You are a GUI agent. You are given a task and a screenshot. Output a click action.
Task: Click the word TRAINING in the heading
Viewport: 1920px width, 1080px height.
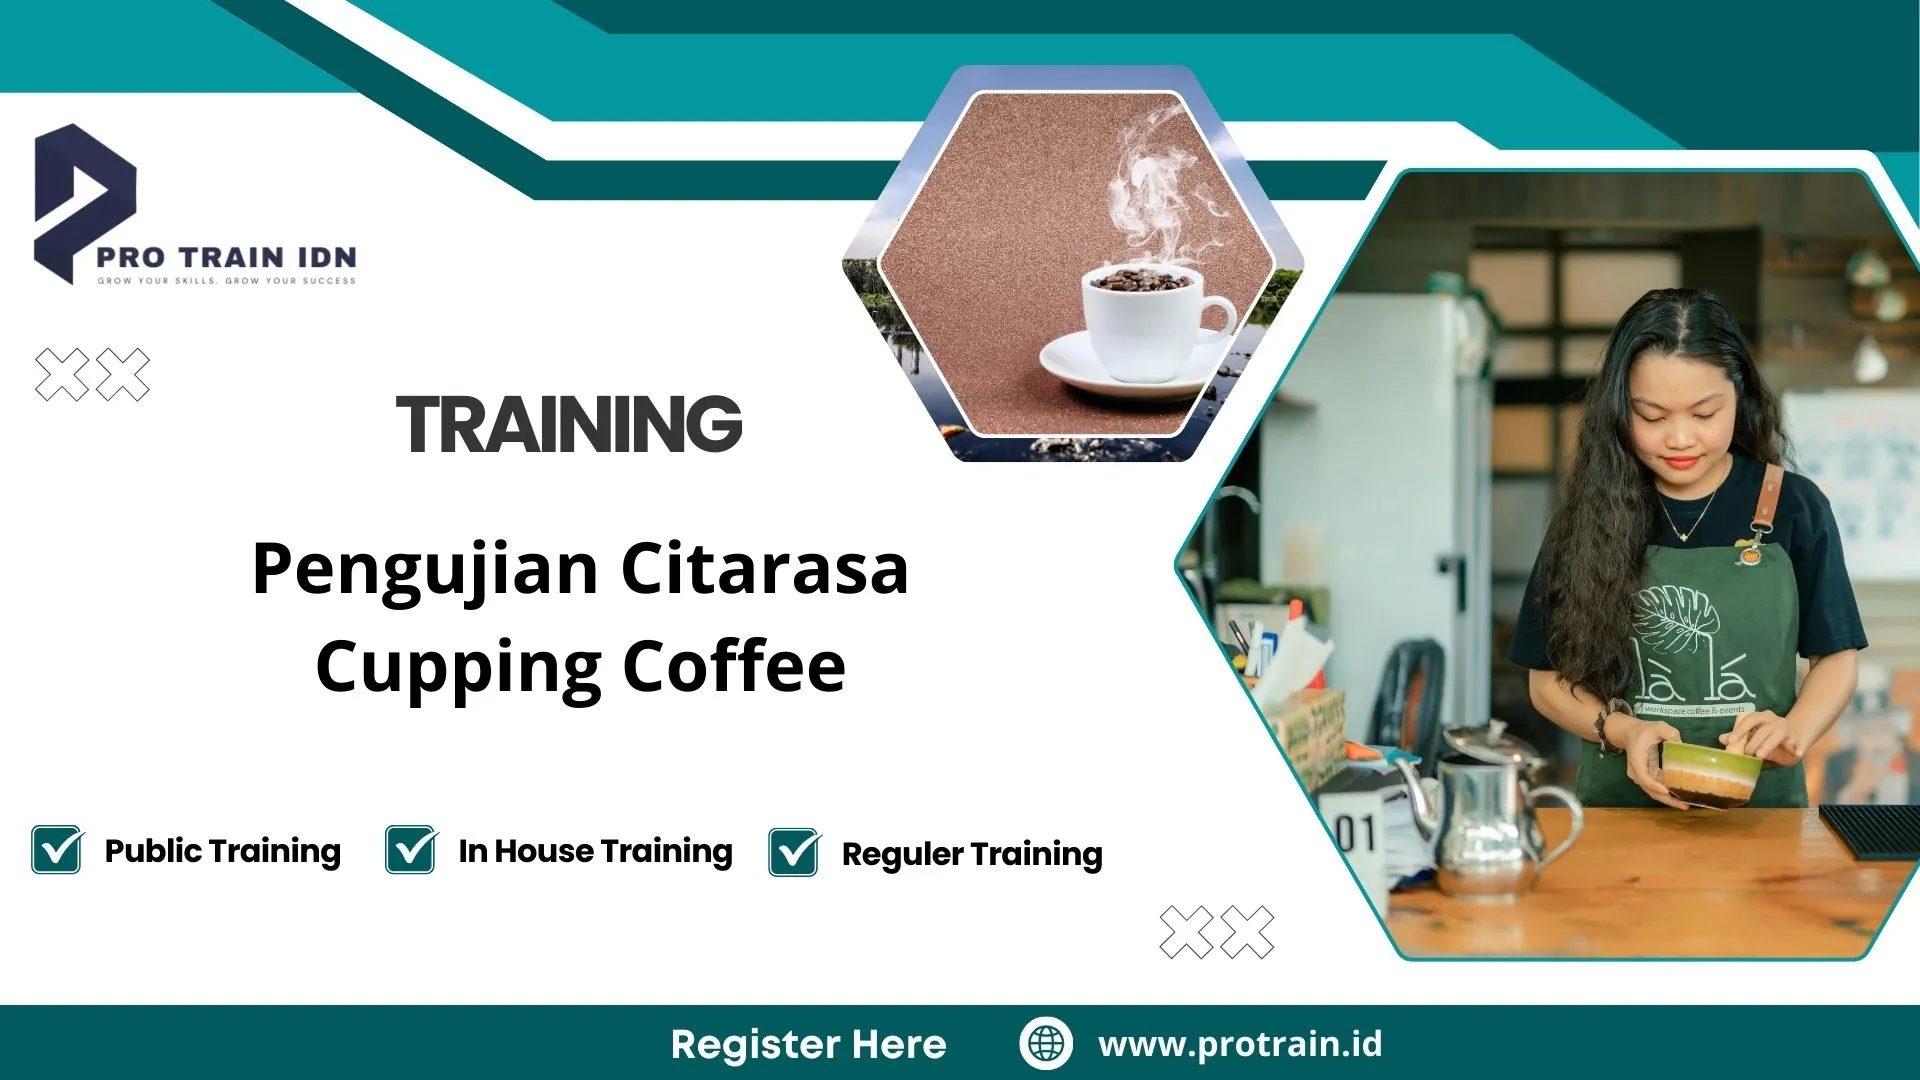(569, 424)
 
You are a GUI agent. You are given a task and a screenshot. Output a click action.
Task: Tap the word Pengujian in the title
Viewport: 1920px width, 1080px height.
(425, 570)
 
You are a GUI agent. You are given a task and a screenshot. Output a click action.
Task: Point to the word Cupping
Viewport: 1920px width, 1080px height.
(458, 668)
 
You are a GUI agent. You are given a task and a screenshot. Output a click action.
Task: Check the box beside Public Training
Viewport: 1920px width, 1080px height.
(57, 850)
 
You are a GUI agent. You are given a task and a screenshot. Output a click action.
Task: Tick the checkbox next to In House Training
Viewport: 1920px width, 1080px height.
(411, 850)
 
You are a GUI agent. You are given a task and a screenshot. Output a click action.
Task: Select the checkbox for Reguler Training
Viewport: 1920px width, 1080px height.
(794, 853)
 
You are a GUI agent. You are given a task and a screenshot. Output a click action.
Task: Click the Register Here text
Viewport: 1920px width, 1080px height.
(808, 1044)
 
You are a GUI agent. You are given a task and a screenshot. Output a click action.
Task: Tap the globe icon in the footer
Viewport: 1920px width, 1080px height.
(1046, 1043)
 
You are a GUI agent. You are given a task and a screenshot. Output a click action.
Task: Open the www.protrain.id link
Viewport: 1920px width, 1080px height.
(1240, 1044)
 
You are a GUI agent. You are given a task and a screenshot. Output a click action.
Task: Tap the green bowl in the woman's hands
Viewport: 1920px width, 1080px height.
(1710, 770)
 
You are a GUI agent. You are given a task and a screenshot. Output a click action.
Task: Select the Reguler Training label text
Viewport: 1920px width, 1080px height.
(972, 854)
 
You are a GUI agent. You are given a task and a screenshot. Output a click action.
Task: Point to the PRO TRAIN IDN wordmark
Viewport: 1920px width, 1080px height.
(227, 257)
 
